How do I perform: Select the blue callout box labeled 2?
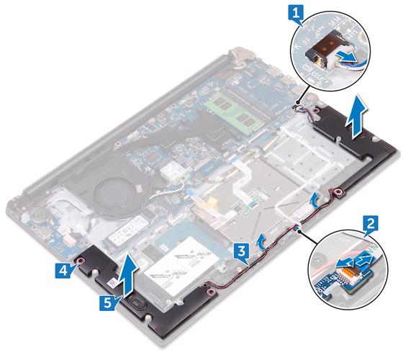tap(369, 225)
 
